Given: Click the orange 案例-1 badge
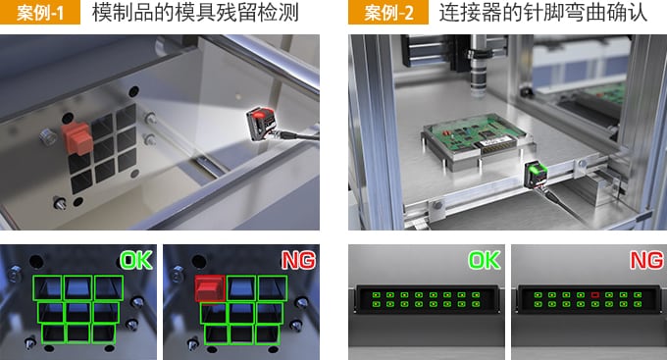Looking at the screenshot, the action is [x=40, y=13].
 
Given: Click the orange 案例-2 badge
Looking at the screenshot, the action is [x=388, y=13].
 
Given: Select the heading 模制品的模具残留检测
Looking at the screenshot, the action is [x=195, y=13].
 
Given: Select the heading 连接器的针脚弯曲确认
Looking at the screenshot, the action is [x=543, y=13].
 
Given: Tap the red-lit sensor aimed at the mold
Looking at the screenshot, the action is [x=261, y=123].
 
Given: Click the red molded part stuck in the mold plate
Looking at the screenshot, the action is [x=77, y=138].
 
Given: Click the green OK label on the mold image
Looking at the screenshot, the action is [x=136, y=260].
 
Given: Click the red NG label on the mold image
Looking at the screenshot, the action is [x=298, y=260].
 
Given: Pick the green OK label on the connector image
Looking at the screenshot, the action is [x=485, y=260].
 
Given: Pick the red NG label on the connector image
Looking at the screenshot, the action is [x=646, y=260].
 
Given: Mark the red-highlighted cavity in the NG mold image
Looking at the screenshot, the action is [x=210, y=288].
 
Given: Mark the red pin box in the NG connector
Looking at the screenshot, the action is [x=594, y=294].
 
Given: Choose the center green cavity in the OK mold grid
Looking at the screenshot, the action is [x=78, y=312].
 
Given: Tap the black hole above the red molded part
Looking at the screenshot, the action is [x=68, y=118].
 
